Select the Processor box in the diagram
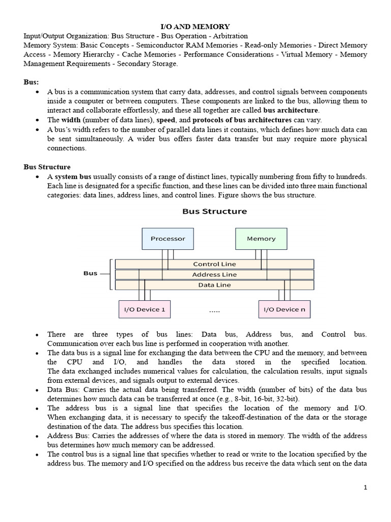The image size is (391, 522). pyautogui.click(x=168, y=239)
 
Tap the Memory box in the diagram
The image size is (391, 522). pyautogui.click(x=261, y=239)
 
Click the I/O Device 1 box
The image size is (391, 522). pyautogui.click(x=145, y=309)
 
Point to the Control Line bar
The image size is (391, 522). pyautogui.click(x=214, y=264)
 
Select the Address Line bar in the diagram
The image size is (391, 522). pyautogui.click(x=214, y=275)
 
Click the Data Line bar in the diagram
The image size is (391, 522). pyautogui.click(x=214, y=285)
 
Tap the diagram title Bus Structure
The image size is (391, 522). pyautogui.click(x=214, y=211)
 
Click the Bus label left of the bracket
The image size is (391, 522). pyautogui.click(x=90, y=273)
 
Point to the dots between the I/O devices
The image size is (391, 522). pyautogui.click(x=214, y=310)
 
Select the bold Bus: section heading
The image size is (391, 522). pyautogui.click(x=32, y=82)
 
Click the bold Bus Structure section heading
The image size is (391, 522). pyautogui.click(x=47, y=167)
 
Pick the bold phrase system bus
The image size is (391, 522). pyautogui.click(x=73, y=176)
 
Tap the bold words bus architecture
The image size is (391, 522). pyautogui.click(x=291, y=110)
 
